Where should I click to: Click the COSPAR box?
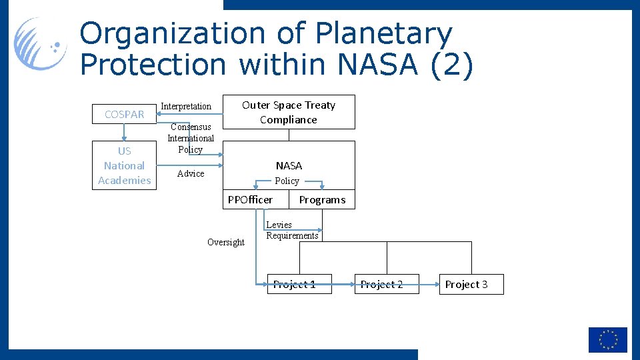tap(124, 114)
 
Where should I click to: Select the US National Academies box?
tap(124, 165)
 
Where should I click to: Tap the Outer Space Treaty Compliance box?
tap(289, 112)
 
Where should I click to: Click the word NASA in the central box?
tap(289, 165)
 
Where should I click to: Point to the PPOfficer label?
tap(250, 199)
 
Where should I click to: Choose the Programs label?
tap(322, 199)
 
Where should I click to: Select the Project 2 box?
tap(381, 284)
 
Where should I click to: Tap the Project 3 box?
tap(467, 284)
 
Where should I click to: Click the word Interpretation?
tap(186, 106)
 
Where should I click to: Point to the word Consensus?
tap(191, 127)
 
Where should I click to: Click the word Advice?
tap(191, 173)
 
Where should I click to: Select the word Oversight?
tap(226, 242)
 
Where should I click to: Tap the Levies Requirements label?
tap(292, 230)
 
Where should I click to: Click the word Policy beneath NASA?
tap(287, 181)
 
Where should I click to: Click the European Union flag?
tap(607, 339)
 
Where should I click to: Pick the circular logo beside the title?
tap(41, 44)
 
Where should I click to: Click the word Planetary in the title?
tap(384, 33)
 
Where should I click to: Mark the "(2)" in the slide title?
tap(451, 65)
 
